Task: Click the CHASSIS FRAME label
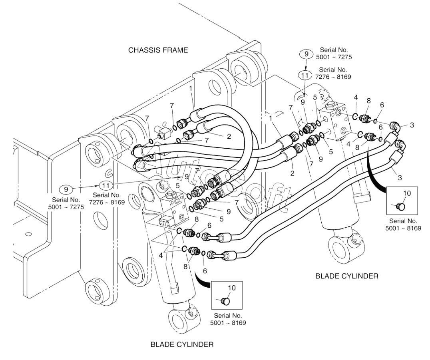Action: (158, 50)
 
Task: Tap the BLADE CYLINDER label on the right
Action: (347, 276)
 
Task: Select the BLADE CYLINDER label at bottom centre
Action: (182, 344)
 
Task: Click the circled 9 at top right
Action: (307, 54)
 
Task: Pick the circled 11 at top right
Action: (305, 75)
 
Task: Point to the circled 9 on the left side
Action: (66, 189)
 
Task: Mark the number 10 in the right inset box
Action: (407, 193)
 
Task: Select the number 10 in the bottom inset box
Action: (232, 288)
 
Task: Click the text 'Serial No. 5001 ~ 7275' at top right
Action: (334, 54)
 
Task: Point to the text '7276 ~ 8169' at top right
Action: (333, 77)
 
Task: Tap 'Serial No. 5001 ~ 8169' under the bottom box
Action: (228, 319)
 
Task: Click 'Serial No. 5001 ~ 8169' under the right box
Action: (403, 224)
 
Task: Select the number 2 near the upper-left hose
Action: (229, 136)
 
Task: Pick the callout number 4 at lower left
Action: (161, 256)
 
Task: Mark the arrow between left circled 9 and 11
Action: (86, 187)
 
